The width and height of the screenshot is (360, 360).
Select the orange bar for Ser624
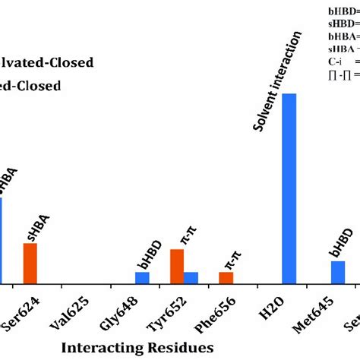click(30, 263)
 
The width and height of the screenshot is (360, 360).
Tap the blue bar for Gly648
click(142, 277)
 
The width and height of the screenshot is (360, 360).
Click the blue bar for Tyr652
click(191, 277)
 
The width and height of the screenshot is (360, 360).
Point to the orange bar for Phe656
click(226, 277)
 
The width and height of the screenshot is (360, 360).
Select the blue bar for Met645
click(338, 272)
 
